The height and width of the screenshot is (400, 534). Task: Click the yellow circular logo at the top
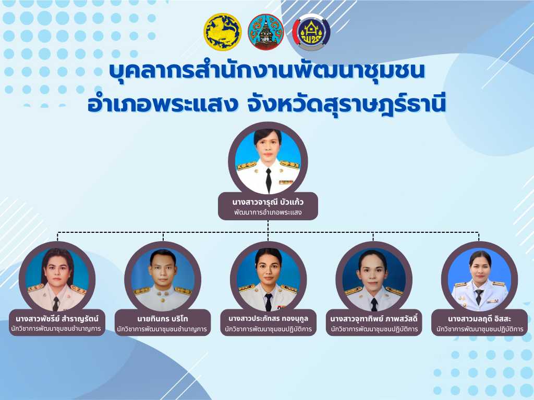pos(222,32)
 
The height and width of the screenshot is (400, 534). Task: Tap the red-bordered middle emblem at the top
pos(266,32)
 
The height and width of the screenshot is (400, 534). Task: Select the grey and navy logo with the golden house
pos(311,32)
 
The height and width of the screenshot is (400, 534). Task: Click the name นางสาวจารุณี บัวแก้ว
pos(268,202)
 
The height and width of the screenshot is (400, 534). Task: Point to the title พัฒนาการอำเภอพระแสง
pos(268,213)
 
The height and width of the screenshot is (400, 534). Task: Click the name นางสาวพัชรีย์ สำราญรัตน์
pos(57,319)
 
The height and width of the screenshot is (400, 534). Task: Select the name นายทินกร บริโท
pos(163,319)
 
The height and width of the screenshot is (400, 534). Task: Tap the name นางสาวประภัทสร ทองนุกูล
pos(268,319)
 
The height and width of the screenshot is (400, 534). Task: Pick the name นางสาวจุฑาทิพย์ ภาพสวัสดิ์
pos(373,319)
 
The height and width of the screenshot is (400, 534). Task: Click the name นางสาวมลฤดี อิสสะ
pos(479,319)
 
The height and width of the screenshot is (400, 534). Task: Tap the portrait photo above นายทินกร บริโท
pos(163,280)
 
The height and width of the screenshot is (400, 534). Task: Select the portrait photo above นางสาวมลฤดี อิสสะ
pos(480,280)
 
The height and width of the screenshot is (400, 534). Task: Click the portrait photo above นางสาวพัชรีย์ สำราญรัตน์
pos(57,280)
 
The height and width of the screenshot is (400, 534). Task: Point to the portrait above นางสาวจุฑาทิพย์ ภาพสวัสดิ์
pos(374,280)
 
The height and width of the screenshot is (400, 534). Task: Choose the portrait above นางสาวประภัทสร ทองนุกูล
pos(269,280)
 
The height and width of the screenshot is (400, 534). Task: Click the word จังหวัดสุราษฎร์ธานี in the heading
pos(345,104)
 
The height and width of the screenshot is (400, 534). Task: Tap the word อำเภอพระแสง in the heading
pos(163,104)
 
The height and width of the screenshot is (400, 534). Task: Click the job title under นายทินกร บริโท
pos(162,329)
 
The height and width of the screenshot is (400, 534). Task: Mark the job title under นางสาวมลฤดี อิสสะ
pos(480,329)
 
